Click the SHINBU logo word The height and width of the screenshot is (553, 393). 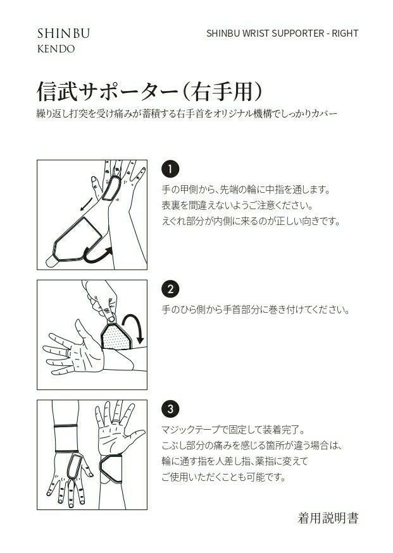tap(63, 33)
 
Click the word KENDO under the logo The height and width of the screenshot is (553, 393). tap(56, 49)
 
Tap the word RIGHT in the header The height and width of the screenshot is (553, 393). tap(345, 33)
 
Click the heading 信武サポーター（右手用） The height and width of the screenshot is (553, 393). tap(151, 92)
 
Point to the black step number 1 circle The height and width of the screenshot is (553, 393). tap(170, 169)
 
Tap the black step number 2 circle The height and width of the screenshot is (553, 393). tap(170, 289)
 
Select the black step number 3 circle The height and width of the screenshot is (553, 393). tap(170, 409)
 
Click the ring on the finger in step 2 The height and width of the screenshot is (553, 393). tap(68, 352)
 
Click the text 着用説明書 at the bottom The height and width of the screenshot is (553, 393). tap(328, 518)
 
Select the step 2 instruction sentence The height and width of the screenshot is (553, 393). tap(255, 310)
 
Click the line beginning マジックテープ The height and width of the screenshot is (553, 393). tap(234, 430)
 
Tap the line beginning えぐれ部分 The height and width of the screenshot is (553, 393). tap(251, 221)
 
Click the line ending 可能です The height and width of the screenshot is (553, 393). tap(223, 477)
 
